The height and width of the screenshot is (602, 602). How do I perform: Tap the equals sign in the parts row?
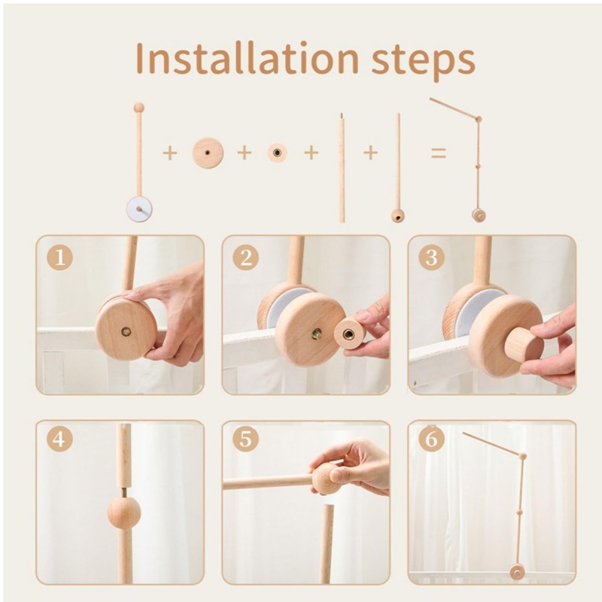(439, 154)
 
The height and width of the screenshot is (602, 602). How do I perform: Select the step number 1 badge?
(60, 257)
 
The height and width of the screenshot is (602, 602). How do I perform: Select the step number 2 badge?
(246, 257)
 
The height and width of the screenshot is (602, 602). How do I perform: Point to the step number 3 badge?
(431, 257)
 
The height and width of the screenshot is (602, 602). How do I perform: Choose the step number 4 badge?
(60, 439)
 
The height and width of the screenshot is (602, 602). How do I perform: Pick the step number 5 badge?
(246, 439)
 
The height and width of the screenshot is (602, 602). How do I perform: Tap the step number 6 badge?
(431, 439)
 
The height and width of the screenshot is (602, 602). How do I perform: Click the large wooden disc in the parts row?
(208, 153)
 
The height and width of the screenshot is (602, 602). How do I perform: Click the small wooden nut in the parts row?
(277, 153)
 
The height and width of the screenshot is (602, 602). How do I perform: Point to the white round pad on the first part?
(139, 209)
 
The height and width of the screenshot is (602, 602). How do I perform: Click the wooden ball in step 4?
(123, 512)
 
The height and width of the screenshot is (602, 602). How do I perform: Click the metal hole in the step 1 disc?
(126, 332)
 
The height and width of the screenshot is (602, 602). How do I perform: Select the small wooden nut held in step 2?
(349, 333)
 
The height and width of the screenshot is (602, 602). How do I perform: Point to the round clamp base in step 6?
(517, 573)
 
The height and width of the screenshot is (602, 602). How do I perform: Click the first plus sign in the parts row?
(170, 154)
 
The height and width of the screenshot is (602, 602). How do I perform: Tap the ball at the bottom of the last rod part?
(398, 216)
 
